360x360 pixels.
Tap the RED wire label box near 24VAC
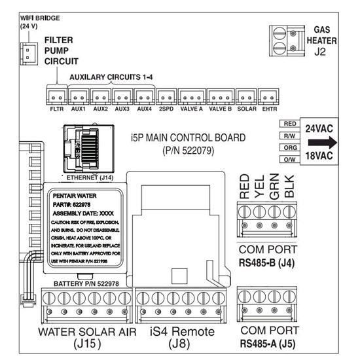(x=290, y=124)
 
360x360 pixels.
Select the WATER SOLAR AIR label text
(x=86, y=332)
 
